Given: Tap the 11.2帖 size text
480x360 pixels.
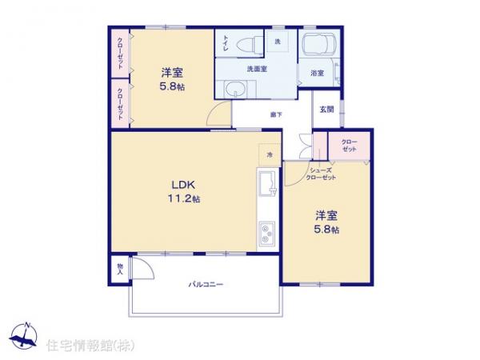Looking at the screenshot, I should pyautogui.click(x=184, y=198).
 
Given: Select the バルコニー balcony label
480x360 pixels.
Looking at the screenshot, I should pyautogui.click(x=206, y=285).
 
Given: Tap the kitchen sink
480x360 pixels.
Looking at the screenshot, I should pyautogui.click(x=266, y=186).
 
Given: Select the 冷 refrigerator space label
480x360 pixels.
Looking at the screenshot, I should pyautogui.click(x=270, y=154).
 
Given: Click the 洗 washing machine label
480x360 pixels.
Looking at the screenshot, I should pyautogui.click(x=278, y=41).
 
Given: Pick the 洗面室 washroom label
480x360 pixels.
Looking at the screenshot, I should pyautogui.click(x=256, y=69).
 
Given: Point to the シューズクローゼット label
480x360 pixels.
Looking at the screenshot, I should pyautogui.click(x=322, y=174).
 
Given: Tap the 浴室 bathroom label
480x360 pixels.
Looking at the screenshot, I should pyautogui.click(x=317, y=74).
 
